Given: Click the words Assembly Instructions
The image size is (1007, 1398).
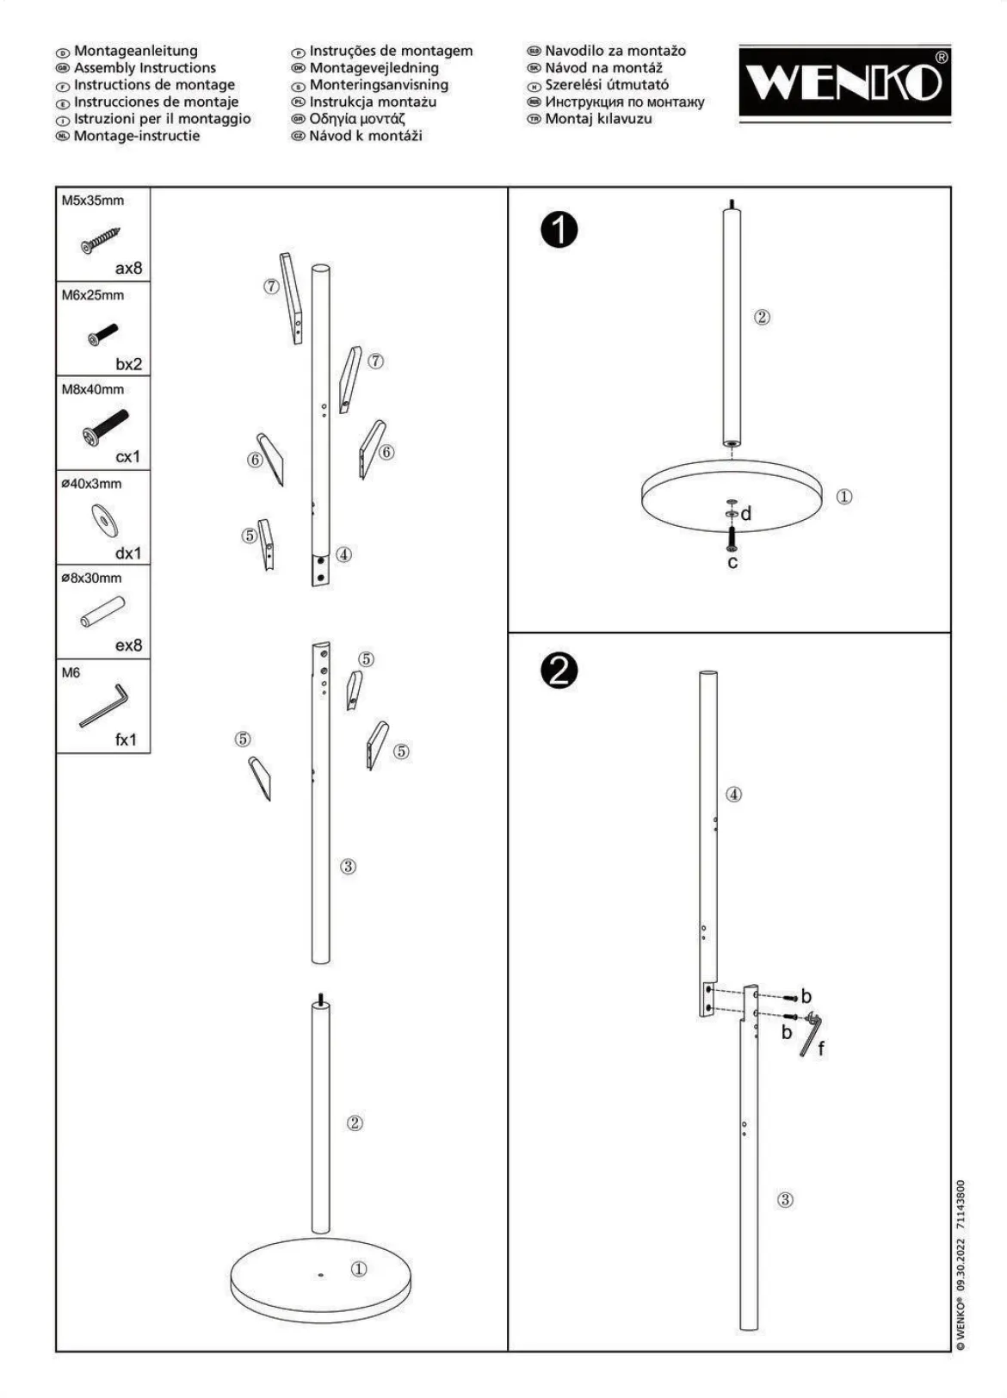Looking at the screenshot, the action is coord(145,67).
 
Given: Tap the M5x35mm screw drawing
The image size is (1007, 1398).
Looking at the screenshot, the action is coord(100,240).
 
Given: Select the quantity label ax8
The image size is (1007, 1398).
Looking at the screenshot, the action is coord(128,268).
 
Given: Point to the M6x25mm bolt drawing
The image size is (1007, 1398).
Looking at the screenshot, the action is coord(102,335).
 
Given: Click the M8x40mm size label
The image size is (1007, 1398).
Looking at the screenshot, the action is coord(92,389).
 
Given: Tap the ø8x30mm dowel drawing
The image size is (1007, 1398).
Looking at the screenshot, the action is coord(102,612).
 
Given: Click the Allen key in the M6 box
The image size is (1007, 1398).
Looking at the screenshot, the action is coord(103,706).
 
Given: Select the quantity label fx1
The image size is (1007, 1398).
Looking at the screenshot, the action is coord(126,739).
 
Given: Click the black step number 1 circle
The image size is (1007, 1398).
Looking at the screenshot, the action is coord(559,231).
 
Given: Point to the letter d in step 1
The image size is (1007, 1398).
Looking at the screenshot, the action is coord(745,514).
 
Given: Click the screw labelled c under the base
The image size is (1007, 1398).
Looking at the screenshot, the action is coord(732,539).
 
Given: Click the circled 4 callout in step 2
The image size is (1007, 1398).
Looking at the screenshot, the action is coord(733,795).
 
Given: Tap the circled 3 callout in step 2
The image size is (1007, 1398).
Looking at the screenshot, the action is coord(785,1199).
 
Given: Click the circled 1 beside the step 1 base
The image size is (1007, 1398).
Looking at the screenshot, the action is coord(843,497).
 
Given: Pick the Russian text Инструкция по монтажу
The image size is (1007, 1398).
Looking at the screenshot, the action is coord(625,102).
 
